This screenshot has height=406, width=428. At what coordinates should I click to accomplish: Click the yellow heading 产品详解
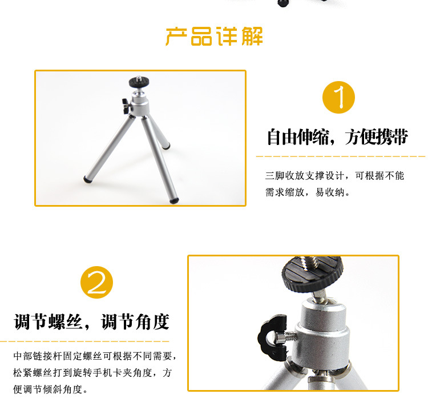[214, 37]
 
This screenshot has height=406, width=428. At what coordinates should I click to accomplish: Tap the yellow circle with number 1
[338, 97]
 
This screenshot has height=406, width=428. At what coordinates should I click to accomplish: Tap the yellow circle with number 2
[96, 282]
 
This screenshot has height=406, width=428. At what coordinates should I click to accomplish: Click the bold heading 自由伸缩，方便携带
[337, 136]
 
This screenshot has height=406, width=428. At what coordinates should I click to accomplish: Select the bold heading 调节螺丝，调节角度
[92, 321]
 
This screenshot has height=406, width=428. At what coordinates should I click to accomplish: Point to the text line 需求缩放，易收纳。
[308, 192]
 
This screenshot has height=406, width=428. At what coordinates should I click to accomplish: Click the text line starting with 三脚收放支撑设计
[334, 175]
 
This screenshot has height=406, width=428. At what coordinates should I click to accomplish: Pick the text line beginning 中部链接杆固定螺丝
[95, 356]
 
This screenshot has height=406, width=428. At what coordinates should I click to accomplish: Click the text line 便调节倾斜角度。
[51, 389]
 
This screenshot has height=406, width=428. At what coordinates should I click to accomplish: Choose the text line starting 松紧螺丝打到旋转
[92, 372]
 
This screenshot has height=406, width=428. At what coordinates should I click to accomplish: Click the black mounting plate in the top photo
[139, 82]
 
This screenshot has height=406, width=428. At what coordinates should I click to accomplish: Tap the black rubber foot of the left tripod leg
[87, 179]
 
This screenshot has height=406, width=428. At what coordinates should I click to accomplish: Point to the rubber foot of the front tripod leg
[174, 200]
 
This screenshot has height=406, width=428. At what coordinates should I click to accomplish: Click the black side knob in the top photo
[126, 106]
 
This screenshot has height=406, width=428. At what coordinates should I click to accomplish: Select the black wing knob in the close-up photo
[271, 337]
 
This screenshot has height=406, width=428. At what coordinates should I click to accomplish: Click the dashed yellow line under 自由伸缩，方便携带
[340, 156]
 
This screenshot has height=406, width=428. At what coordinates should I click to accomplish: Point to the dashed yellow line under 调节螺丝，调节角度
[84, 341]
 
